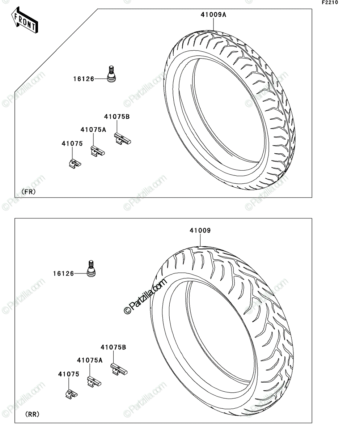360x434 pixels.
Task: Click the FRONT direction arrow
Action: (x=25, y=20)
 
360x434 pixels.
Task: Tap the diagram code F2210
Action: (x=330, y=3)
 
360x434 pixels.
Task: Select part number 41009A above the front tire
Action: (x=213, y=15)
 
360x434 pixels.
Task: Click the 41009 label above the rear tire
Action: (x=200, y=230)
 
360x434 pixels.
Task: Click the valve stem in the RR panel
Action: (x=91, y=269)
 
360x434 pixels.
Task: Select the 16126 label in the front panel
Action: (x=84, y=79)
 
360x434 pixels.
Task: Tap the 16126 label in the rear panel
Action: (x=63, y=273)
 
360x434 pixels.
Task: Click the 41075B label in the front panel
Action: (x=117, y=117)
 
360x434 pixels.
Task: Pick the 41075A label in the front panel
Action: (x=93, y=130)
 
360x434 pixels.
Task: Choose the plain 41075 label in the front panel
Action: (x=72, y=144)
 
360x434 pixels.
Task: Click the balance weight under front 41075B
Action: (x=122, y=139)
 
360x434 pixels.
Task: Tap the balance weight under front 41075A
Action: (x=98, y=151)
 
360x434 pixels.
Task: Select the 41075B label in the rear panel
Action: (x=113, y=347)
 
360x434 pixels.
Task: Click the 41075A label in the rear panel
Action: (x=90, y=360)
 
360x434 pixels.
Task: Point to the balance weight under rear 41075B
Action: (x=119, y=370)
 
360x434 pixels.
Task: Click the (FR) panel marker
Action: (x=29, y=192)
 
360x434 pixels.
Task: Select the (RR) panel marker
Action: (x=32, y=414)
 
